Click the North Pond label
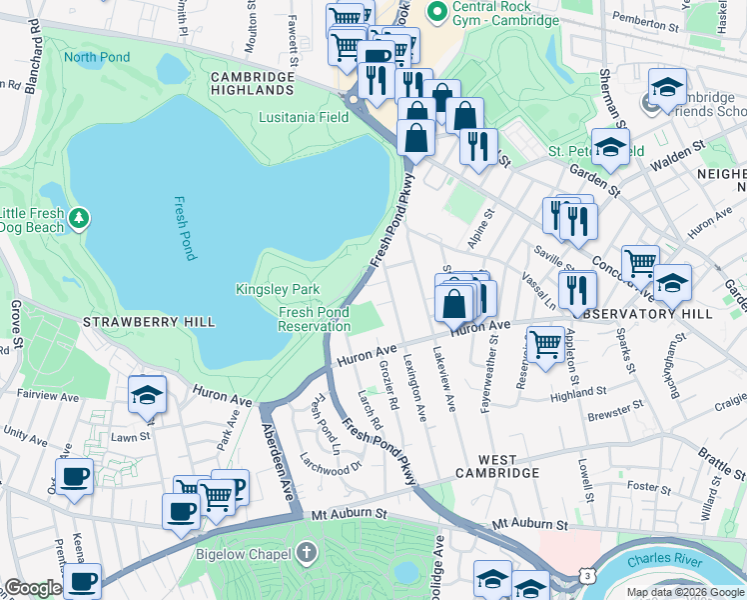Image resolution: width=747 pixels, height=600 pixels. coord(98,56)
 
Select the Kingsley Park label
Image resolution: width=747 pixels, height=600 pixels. coord(278,289)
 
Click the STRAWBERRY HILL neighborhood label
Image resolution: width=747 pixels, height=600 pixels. coord(149,321)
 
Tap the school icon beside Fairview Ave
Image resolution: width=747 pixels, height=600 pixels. coord(147,395)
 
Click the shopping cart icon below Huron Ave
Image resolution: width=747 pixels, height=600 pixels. coord(544,345)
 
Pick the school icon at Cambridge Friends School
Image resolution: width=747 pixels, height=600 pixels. coord(667,88)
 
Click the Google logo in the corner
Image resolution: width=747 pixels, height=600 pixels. coord(32,588)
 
